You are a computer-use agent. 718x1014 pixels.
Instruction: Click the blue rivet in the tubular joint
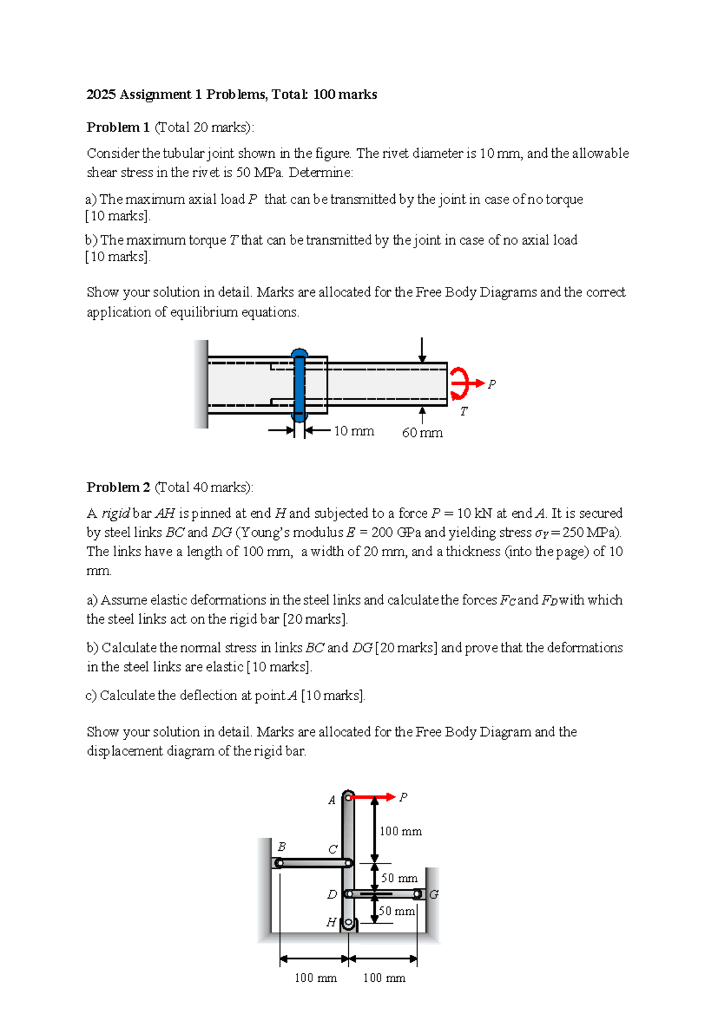(x=299, y=386)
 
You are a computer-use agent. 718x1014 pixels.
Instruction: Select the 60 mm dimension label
(x=422, y=433)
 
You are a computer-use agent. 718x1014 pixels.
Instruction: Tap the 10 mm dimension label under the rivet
(x=354, y=431)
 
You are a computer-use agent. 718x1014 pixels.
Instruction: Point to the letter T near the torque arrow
(x=464, y=412)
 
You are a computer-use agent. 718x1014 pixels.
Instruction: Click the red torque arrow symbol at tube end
(x=460, y=383)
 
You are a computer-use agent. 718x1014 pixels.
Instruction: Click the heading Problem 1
(x=118, y=127)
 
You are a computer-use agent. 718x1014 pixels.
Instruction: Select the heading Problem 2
(x=118, y=487)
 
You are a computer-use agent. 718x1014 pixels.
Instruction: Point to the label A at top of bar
(x=332, y=800)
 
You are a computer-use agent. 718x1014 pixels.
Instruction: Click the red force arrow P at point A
(x=372, y=797)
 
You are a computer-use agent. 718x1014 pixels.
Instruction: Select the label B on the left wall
(x=282, y=847)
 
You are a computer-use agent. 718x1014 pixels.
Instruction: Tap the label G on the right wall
(x=434, y=894)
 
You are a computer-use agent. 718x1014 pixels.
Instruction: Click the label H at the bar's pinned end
(x=331, y=923)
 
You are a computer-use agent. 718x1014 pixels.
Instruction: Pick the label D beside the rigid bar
(x=332, y=894)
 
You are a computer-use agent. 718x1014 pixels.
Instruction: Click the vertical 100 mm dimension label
(x=400, y=832)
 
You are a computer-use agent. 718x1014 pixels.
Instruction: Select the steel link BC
(x=312, y=863)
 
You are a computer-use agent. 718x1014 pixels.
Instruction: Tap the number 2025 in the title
(x=101, y=94)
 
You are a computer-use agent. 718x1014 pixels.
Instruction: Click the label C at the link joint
(x=333, y=850)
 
